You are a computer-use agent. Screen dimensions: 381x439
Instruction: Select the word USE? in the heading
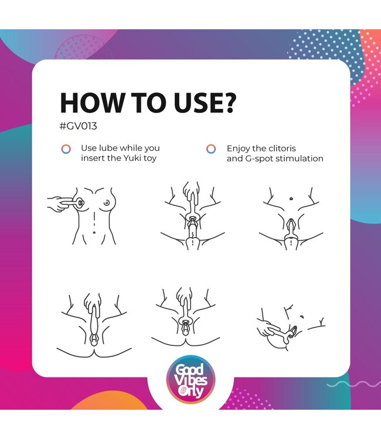(x=206, y=102)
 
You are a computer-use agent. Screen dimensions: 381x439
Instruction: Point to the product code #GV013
(x=78, y=126)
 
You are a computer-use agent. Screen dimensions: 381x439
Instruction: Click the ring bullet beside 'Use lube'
(x=66, y=149)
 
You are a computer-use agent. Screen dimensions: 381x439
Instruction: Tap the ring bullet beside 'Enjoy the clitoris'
(x=211, y=149)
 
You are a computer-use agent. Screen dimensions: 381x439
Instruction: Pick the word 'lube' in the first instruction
(x=108, y=148)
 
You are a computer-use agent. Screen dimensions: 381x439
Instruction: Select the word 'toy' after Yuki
(x=149, y=159)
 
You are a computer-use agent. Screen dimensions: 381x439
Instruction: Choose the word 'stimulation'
(x=300, y=159)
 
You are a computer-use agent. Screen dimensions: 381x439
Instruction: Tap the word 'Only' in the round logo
(x=191, y=392)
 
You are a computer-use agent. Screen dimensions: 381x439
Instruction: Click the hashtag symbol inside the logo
(x=183, y=389)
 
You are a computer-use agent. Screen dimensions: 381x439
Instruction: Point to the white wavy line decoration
(x=354, y=384)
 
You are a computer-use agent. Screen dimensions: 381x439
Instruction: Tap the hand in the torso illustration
(x=57, y=204)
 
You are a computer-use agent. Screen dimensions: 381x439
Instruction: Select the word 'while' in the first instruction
(x=132, y=148)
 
